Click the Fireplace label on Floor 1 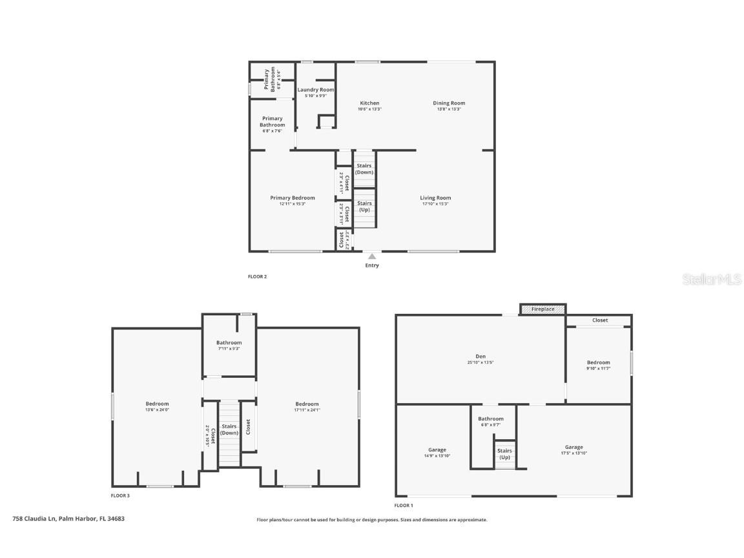[542, 309]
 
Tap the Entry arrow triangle [372, 256]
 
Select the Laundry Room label [316, 90]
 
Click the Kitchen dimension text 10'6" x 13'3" [369, 109]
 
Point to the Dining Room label [449, 103]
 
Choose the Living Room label [435, 198]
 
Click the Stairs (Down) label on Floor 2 [364, 169]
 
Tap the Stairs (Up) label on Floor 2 [364, 207]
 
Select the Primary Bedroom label [293, 198]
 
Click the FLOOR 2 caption [257, 276]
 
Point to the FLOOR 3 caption [120, 495]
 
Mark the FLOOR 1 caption [404, 505]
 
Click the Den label [480, 356]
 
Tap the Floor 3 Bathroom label [229, 343]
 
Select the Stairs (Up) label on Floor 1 [504, 454]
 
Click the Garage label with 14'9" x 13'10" [437, 450]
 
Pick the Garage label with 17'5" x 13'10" [573, 447]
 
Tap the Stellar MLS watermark [712, 279]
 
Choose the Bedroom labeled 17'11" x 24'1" [307, 404]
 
